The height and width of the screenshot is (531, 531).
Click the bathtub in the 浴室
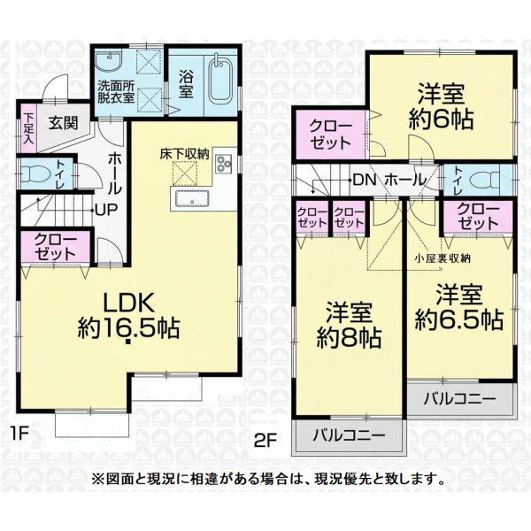pyautogui.click(x=220, y=81)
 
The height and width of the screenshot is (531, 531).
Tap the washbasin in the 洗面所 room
pyautogui.click(x=108, y=61)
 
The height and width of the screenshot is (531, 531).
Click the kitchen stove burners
pyautogui.click(x=224, y=164)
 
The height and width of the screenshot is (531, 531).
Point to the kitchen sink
pyautogui.click(x=192, y=198)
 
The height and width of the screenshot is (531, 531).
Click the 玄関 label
pyautogui.click(x=64, y=123)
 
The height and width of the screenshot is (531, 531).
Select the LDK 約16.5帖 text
pyautogui.click(x=128, y=316)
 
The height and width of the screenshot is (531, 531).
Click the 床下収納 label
pyautogui.click(x=185, y=154)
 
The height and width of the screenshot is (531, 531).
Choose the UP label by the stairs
pyautogui.click(x=106, y=210)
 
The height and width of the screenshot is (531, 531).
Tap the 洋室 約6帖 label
pyautogui.click(x=441, y=107)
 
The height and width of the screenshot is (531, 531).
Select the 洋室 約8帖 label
pyautogui.click(x=350, y=326)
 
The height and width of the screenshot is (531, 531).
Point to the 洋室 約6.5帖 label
pyautogui.click(x=459, y=307)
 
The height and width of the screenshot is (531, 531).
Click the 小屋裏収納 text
pyautogui.click(x=443, y=258)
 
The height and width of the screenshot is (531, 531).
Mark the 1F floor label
pyautogui.click(x=19, y=435)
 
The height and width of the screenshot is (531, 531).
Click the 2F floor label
pyautogui.click(x=265, y=442)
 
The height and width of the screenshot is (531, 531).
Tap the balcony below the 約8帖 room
pyautogui.click(x=349, y=435)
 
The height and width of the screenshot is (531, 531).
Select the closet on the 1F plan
pyautogui.click(x=55, y=247)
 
